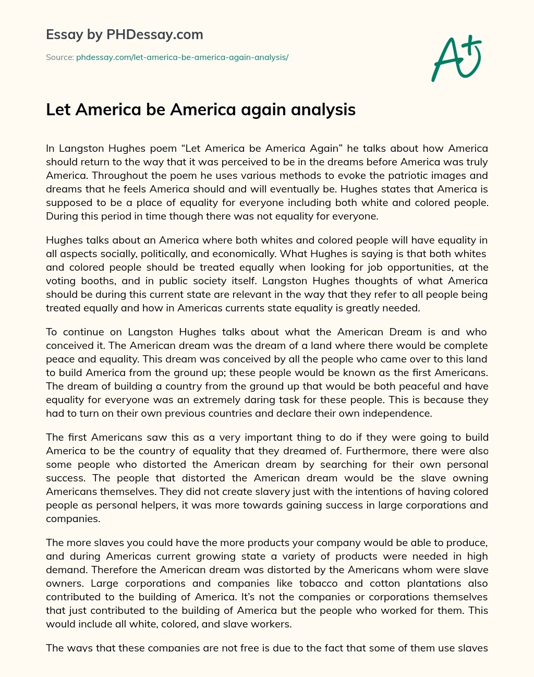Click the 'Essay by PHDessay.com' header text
tap(124, 35)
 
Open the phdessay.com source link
tap(182, 57)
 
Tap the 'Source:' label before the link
tap(59, 57)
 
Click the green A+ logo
tap(456, 58)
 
